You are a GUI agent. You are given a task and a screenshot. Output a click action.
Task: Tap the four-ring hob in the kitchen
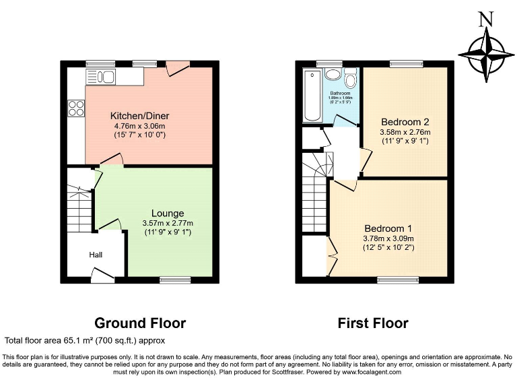tap(75, 108)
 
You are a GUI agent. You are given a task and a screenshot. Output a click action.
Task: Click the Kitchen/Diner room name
tap(138, 115)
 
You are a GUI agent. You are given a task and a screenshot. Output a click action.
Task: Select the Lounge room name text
tap(168, 214)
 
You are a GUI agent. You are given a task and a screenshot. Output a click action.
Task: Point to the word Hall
tap(97, 255)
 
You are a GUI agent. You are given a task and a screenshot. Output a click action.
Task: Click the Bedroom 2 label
tap(405, 122)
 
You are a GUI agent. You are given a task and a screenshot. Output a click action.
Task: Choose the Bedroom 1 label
tap(388, 228)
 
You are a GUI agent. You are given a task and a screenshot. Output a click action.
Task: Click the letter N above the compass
tap(483, 19)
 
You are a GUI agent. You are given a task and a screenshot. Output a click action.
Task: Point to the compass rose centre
tap(483, 54)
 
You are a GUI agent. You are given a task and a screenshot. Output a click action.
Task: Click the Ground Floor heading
tap(140, 323)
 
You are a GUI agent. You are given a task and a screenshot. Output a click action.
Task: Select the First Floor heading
tap(373, 323)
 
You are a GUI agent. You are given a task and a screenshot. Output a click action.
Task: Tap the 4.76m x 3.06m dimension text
tap(138, 125)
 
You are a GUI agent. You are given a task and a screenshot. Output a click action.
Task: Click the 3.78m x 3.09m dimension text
tap(388, 238)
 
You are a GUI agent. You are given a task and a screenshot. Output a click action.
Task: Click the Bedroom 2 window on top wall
tap(405, 63)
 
